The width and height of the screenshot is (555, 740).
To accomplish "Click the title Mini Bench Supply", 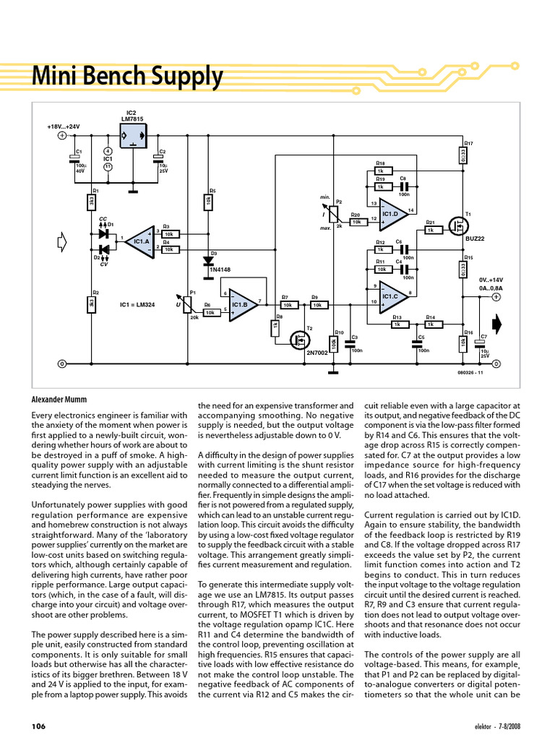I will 127,76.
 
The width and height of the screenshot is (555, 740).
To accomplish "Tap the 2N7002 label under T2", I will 317,353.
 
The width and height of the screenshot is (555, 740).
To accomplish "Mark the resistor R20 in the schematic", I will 356,223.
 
